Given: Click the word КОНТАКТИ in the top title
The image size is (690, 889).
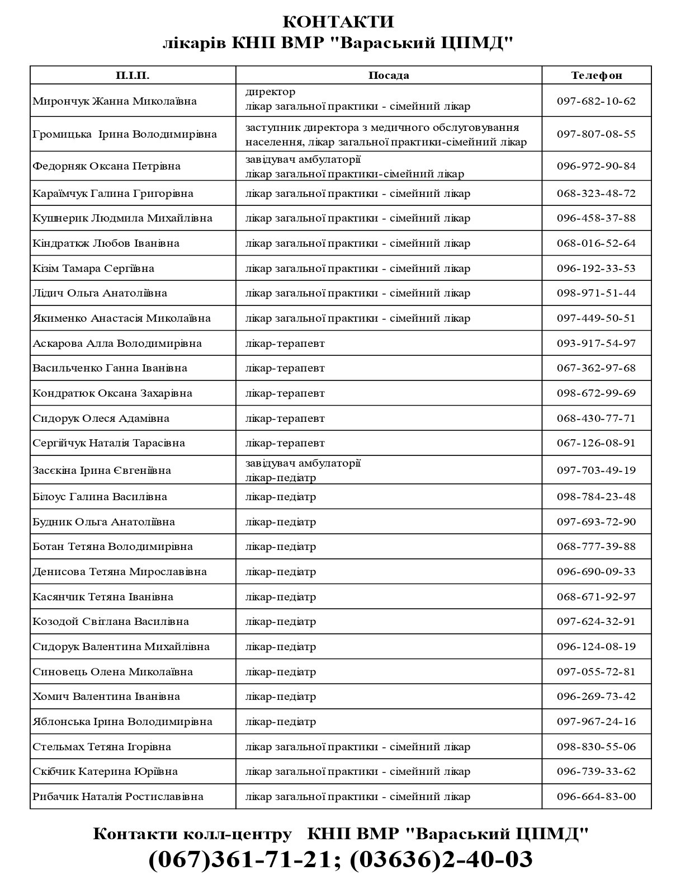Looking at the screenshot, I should (338, 22).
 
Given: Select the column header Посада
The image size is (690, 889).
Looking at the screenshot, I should (389, 76).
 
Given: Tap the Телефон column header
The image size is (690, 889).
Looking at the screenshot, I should (596, 76).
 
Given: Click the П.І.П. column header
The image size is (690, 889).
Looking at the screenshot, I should (133, 76).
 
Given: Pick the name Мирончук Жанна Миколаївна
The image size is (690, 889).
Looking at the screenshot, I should (115, 101).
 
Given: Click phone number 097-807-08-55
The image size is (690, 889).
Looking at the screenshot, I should (596, 134).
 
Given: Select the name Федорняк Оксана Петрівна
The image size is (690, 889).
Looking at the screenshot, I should (107, 166).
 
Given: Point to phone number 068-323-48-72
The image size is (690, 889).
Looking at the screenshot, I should (596, 194).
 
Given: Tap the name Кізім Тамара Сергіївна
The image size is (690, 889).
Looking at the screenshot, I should (93, 269).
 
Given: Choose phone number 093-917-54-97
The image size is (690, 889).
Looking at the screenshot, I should (596, 344).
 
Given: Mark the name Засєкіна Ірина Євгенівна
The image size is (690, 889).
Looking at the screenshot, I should (102, 471).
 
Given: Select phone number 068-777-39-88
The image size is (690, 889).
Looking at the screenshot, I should (596, 547).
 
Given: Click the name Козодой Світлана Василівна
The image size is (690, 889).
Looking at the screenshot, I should (111, 622).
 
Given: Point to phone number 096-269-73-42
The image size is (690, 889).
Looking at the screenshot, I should (596, 697).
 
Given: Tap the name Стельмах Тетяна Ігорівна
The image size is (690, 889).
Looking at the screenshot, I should (102, 747).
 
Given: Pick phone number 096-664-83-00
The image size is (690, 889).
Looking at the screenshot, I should (596, 797).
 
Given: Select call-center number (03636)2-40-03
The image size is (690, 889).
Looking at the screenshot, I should (441, 859).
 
